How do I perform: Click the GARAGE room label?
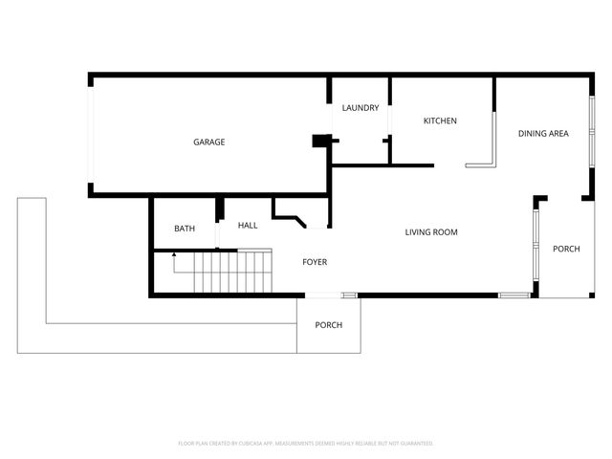tap(209, 142)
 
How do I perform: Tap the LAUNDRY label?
tap(361, 108)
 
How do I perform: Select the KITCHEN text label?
tap(440, 121)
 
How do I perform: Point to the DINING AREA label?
tap(543, 134)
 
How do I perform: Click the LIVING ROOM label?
tap(430, 232)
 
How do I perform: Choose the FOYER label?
tap(315, 262)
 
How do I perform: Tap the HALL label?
tap(248, 226)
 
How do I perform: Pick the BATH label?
tap(185, 229)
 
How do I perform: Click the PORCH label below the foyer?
tap(328, 325)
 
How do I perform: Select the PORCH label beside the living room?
tap(566, 250)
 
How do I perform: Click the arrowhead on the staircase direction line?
tap(173, 255)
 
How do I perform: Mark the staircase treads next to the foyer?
tap(233, 272)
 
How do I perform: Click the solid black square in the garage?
tap(320, 141)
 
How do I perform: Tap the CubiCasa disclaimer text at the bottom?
tap(306, 444)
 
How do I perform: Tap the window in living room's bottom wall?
tap(514, 295)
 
